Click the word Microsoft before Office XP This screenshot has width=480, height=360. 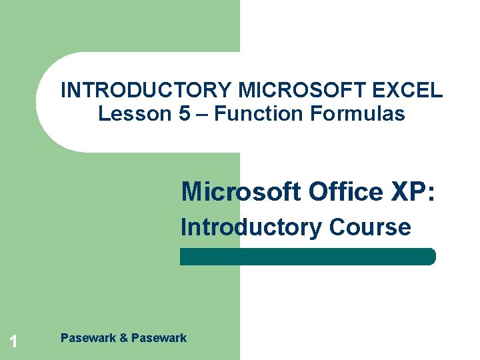[241, 192]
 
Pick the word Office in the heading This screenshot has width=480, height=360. [345, 192]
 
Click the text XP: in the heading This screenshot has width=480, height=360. [413, 192]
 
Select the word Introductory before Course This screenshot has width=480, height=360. [251, 227]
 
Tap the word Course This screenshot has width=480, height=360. [370, 227]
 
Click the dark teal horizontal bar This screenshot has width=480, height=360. [307, 257]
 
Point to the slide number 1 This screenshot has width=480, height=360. [13, 343]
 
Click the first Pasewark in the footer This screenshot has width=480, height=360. [87, 338]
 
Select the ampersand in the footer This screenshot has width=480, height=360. [123, 338]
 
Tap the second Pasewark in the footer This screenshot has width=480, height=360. [159, 338]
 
